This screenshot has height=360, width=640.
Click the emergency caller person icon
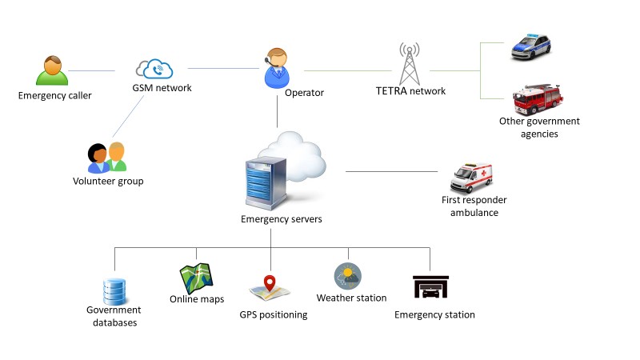click(x=53, y=70)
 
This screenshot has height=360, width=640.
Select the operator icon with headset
click(x=276, y=70)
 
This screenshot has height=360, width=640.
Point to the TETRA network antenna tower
click(x=410, y=63)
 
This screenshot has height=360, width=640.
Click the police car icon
click(x=531, y=46)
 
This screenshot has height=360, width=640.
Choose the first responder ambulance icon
click(x=472, y=177)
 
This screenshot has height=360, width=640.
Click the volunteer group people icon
click(x=107, y=157)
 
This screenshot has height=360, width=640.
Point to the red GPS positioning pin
click(x=270, y=284)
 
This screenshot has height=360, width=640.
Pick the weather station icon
click(x=348, y=276)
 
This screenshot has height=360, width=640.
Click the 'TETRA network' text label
click(x=410, y=91)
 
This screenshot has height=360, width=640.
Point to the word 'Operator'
click(x=304, y=94)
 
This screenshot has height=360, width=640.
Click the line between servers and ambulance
click(x=392, y=171)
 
